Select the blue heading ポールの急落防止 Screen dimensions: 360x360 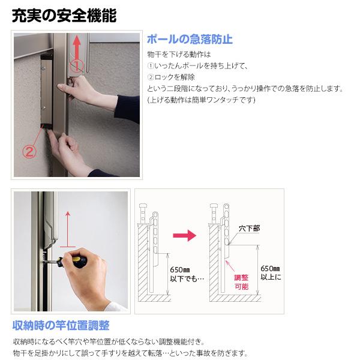[190, 40]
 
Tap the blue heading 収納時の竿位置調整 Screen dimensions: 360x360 [61, 325]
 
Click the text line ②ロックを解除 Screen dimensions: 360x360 [171, 77]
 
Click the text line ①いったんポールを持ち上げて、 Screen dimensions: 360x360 [197, 66]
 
